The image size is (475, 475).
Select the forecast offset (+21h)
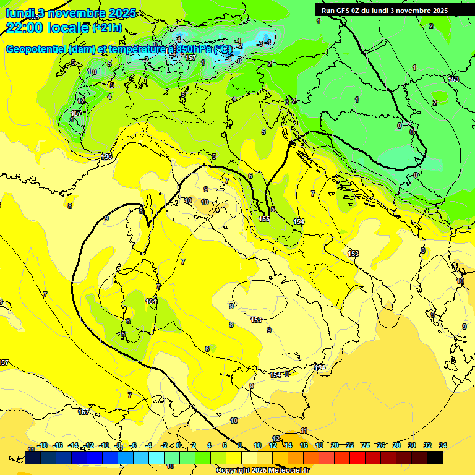point(108,27)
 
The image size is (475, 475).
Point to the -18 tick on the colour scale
point(42,445)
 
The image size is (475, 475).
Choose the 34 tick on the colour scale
point(443,445)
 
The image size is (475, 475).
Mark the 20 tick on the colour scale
point(335,445)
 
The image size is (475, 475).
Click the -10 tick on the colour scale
point(104,445)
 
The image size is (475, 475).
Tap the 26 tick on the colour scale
point(381,445)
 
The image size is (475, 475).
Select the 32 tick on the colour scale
point(427,445)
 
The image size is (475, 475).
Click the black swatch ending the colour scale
point(435,458)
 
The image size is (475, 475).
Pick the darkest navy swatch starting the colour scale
point(33,458)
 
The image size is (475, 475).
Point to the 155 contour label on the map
point(264,219)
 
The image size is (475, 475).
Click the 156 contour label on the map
point(106,156)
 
